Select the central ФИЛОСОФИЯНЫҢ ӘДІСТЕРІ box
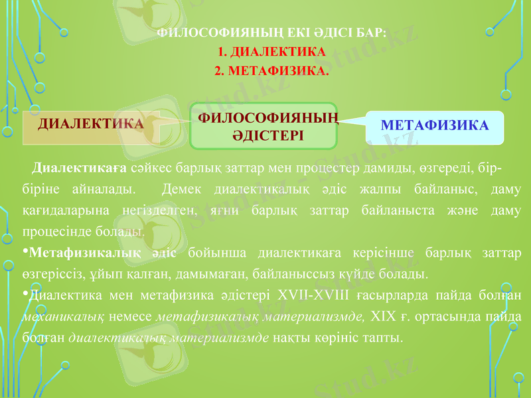coord(264,126)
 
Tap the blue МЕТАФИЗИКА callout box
coord(435,125)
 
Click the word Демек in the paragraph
coord(181,190)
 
